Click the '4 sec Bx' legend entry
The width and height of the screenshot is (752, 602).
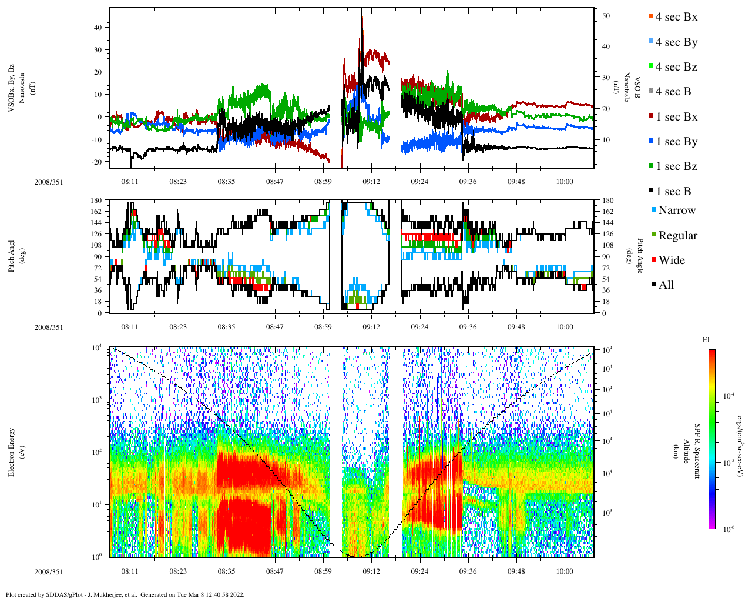tap(676, 17)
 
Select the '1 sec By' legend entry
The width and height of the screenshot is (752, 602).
tap(676, 142)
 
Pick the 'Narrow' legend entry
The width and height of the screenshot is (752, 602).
tap(677, 210)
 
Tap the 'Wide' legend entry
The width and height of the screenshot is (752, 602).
tap(672, 260)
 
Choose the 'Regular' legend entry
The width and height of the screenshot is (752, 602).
tap(677, 236)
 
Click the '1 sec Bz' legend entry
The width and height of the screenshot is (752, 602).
tap(676, 166)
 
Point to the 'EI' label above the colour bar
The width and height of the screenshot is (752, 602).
tap(706, 340)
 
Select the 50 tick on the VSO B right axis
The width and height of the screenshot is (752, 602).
tap(606, 16)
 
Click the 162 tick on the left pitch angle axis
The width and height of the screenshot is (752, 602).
tap(96, 212)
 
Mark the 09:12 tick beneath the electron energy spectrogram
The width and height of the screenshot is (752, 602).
tap(371, 571)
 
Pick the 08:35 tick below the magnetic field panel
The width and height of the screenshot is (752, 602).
tap(226, 182)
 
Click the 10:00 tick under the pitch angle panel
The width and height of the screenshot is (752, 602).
tap(564, 327)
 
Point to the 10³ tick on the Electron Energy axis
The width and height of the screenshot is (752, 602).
tap(97, 400)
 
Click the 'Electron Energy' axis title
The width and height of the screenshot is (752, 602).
tap(11, 452)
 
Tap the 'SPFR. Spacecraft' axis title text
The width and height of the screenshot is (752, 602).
tap(697, 451)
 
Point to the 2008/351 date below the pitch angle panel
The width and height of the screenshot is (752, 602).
tap(48, 327)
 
